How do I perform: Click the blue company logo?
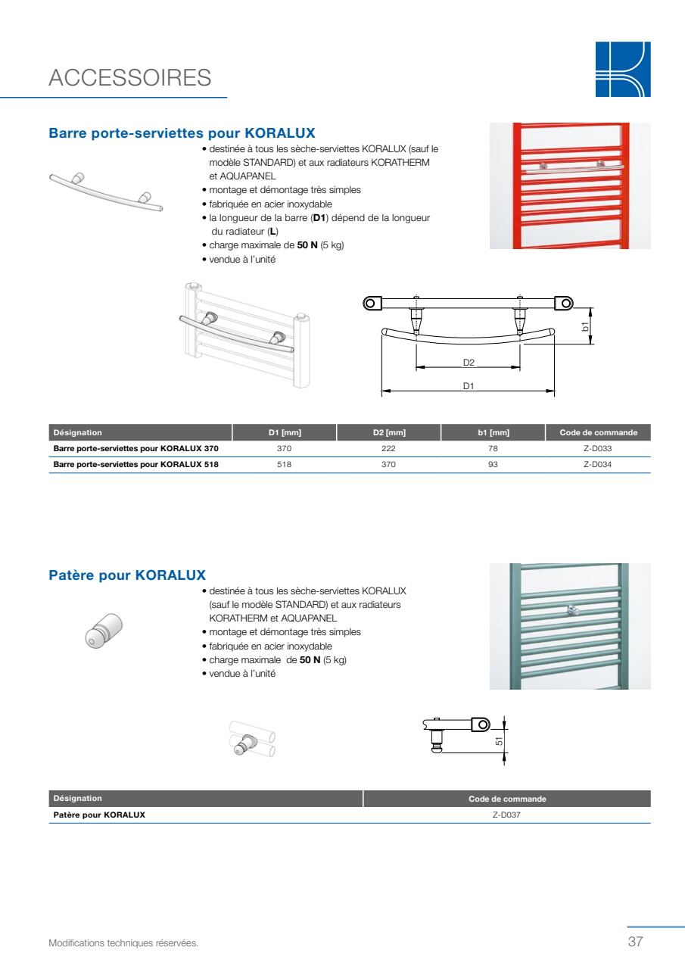623,69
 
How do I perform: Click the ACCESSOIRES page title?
129,78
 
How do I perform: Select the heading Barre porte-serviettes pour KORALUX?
182,132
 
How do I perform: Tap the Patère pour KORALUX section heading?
127,575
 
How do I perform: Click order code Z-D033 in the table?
598,449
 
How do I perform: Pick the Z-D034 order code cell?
598,465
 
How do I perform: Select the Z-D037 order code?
506,815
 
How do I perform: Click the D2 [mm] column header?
389,432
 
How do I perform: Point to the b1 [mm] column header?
494,432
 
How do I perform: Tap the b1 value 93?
493,465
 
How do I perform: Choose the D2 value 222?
388,449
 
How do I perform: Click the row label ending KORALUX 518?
135,465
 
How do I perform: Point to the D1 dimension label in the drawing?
469,386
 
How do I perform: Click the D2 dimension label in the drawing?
469,363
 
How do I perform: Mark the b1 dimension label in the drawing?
585,326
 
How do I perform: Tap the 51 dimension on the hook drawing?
499,741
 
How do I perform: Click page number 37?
635,941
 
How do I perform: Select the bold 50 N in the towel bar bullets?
307,245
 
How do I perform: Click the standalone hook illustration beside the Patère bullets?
104,631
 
